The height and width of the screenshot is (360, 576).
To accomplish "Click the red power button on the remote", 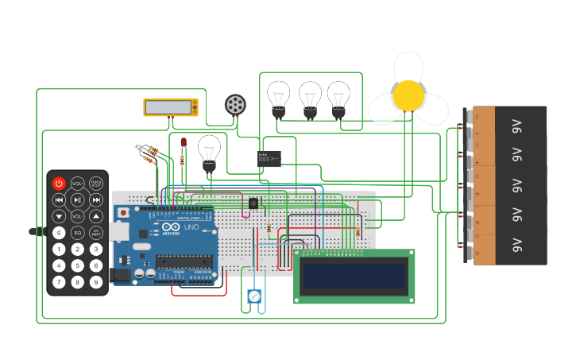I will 59,184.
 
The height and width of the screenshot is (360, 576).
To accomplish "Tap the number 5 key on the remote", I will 78,265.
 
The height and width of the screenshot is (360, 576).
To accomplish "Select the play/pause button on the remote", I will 78,199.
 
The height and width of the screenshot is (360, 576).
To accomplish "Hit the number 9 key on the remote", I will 96,282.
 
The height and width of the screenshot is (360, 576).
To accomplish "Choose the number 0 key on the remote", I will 59,233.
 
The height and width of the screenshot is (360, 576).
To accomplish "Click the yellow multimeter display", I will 171,106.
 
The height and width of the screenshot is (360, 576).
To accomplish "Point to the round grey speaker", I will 234,104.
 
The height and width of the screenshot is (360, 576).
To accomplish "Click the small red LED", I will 184,143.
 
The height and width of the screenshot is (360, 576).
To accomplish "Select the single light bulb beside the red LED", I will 209,151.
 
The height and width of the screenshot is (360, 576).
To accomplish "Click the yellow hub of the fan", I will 408,95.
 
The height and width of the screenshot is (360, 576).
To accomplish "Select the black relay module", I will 269,159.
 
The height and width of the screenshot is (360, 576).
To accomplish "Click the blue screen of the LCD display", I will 354,276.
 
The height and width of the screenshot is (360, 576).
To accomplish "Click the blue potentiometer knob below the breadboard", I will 254,296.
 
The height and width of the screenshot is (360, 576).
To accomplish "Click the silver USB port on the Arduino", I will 118,231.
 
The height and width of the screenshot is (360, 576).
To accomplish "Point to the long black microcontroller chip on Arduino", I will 184,261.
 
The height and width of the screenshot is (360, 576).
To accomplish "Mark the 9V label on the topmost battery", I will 516,126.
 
